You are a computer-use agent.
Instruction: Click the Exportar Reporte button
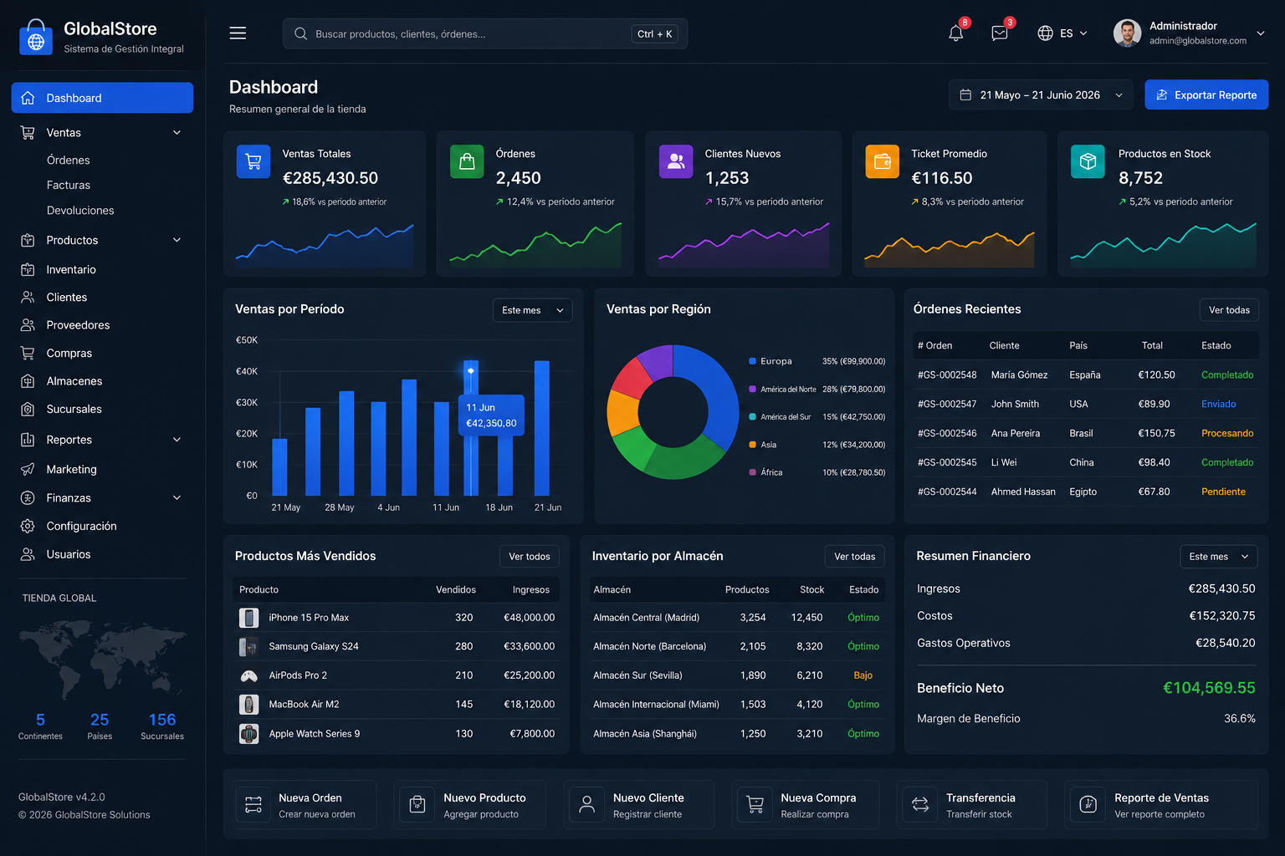click(x=1206, y=94)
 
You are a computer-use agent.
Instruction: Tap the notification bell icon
click(x=955, y=33)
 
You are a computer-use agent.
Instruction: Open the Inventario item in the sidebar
click(x=70, y=269)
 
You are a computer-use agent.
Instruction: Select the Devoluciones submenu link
click(x=80, y=211)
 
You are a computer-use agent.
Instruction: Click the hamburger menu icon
click(x=238, y=33)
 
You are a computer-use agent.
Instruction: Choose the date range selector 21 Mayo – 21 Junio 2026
click(x=1041, y=94)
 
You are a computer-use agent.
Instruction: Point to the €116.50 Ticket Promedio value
click(x=941, y=178)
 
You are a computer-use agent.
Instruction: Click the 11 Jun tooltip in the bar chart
click(x=491, y=415)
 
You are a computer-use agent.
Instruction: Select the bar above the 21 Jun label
click(x=541, y=428)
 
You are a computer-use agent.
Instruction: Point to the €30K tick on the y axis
click(x=247, y=402)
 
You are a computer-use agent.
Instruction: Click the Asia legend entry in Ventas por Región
click(x=768, y=445)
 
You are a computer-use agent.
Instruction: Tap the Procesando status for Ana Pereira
click(x=1227, y=434)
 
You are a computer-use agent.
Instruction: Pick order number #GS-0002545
click(x=946, y=462)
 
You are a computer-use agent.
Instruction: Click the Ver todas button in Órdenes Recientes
click(x=1229, y=310)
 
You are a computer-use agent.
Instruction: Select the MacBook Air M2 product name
click(x=304, y=704)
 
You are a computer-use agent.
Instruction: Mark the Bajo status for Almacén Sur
click(x=863, y=675)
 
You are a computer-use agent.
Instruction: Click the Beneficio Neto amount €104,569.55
click(x=1209, y=688)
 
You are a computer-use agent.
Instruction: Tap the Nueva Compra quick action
click(x=806, y=805)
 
